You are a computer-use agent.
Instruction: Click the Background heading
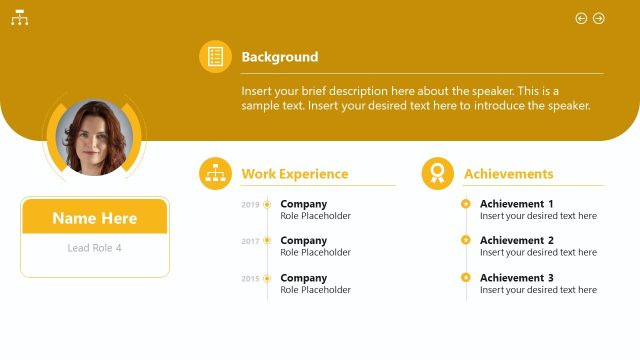point(280,57)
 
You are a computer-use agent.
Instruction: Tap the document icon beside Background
point(215,57)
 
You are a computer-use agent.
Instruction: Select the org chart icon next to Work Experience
point(215,174)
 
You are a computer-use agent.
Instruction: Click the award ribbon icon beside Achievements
point(437,174)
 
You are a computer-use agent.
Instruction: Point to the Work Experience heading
point(295,174)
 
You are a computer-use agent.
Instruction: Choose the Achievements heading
point(508,174)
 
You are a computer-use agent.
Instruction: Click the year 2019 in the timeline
point(250,205)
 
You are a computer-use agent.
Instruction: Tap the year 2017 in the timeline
point(250,241)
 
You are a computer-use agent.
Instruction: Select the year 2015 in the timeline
point(250,278)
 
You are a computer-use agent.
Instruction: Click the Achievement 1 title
point(516,204)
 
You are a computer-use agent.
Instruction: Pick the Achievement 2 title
point(516,240)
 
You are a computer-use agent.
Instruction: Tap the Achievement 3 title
point(516,277)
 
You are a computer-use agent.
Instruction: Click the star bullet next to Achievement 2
point(466,240)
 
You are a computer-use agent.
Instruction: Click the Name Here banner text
point(95,218)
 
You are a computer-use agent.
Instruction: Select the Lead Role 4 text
point(95,248)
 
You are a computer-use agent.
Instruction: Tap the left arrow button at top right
point(581,18)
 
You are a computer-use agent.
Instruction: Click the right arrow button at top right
point(599,18)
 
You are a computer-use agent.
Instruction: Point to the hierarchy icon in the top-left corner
point(19,18)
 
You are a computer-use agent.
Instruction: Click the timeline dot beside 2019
point(267,205)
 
